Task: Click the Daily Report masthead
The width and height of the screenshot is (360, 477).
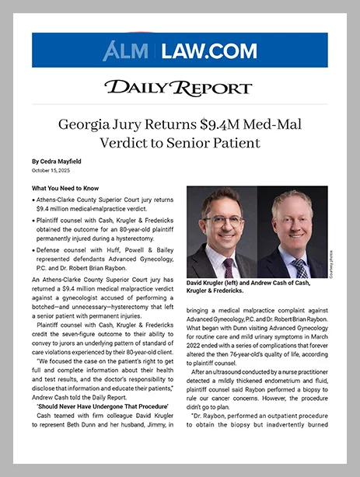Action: tap(179, 88)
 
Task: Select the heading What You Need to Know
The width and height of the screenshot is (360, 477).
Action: tap(65, 188)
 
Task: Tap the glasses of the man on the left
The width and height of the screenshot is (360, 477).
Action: tap(222, 220)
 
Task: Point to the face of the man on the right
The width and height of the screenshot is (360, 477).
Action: tap(292, 223)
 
